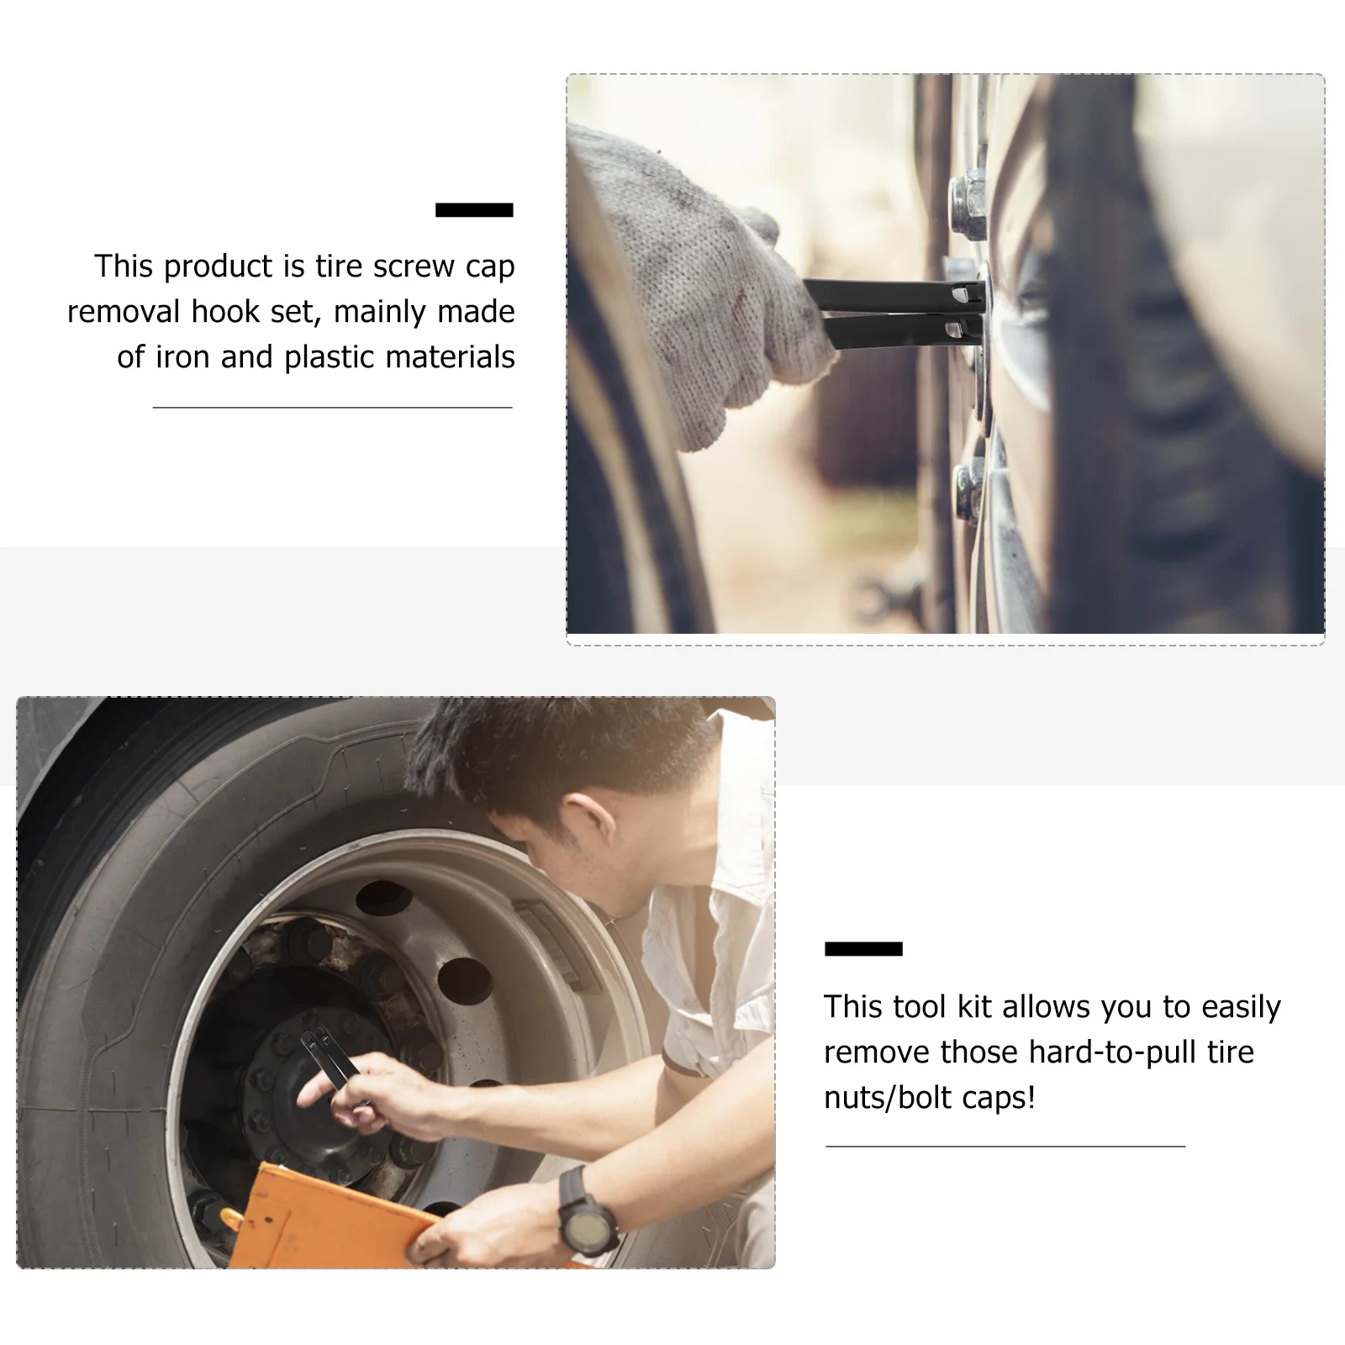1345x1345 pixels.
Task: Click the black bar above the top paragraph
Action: [x=474, y=210]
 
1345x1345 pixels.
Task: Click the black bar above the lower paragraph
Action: [x=863, y=949]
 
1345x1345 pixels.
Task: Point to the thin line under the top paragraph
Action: [x=332, y=408]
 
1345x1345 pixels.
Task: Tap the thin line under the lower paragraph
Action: [x=1005, y=1146]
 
